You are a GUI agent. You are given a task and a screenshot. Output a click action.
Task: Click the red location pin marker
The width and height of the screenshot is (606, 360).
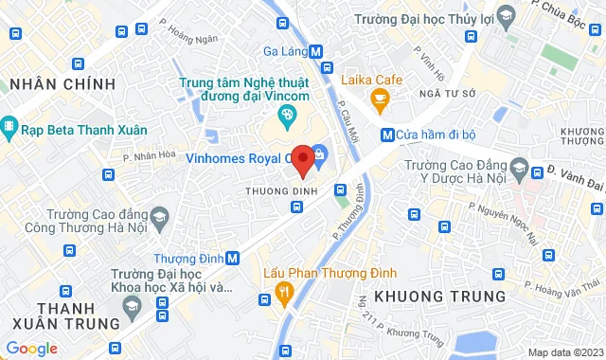pos(302,160)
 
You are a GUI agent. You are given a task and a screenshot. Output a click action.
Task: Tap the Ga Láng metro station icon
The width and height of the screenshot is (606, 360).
pos(327,52)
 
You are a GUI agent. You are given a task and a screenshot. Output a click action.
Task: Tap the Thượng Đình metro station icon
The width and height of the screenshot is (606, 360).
pos(233,258)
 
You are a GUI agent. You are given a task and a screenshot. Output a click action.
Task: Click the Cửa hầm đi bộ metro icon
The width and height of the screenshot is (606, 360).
pos(388,134)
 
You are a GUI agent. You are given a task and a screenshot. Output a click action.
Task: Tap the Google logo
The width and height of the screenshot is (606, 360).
pos(31,348)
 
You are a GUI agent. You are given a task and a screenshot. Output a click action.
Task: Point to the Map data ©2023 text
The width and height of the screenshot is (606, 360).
pos(563,352)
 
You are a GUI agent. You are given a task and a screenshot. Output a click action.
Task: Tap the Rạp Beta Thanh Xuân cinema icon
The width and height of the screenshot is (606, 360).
pos(9,126)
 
